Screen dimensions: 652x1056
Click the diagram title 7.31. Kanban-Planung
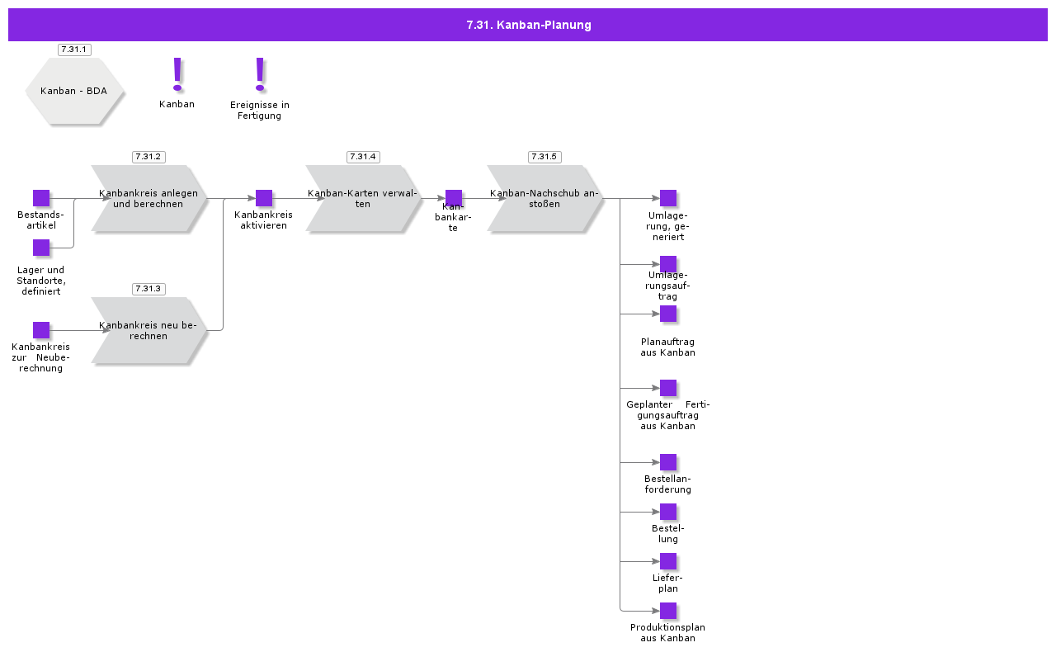(x=528, y=25)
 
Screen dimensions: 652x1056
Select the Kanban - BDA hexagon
(x=74, y=91)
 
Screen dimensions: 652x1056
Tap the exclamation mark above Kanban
(x=177, y=74)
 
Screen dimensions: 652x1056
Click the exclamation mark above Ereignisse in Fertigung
(x=260, y=74)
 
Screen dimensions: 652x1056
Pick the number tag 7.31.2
(x=148, y=157)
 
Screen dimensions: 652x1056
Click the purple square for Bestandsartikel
(x=41, y=198)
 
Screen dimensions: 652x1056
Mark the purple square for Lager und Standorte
(x=41, y=248)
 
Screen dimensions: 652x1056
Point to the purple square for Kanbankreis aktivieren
(x=264, y=198)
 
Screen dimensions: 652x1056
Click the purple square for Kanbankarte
(x=454, y=198)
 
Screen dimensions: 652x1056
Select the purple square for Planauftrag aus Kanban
(x=668, y=314)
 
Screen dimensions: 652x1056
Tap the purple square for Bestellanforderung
(x=668, y=462)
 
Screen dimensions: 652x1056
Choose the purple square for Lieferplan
(x=668, y=561)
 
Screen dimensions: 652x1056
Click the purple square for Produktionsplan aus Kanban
(x=668, y=611)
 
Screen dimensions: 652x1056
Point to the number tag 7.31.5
(x=544, y=157)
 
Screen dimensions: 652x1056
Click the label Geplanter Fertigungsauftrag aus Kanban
(x=668, y=415)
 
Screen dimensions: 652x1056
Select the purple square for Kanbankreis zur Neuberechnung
(x=41, y=330)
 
